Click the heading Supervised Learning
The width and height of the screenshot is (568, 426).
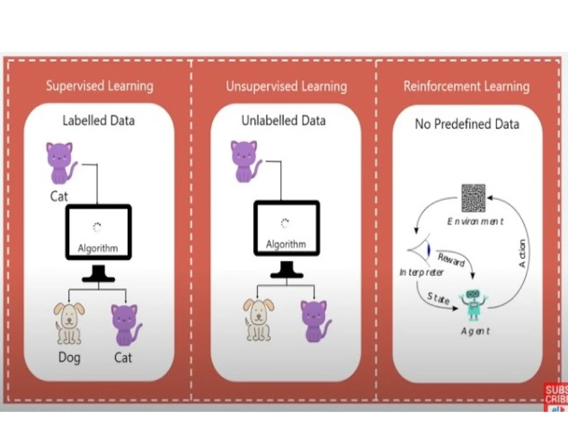(100, 86)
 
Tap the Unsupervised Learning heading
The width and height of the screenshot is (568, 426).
(286, 86)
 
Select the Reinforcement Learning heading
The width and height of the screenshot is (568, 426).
(466, 86)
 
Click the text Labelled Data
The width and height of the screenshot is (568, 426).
(98, 121)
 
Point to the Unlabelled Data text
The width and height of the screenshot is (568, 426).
(283, 121)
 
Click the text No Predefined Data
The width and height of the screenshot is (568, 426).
(467, 124)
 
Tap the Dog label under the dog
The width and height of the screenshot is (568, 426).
(69, 358)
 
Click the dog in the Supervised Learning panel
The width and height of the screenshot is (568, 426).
(69, 323)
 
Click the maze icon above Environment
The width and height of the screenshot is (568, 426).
(473, 198)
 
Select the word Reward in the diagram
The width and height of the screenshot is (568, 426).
(451, 260)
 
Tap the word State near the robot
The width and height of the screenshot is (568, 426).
(438, 298)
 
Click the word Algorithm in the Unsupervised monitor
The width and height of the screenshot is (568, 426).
(286, 244)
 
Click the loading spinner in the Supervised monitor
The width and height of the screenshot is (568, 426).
(97, 227)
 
